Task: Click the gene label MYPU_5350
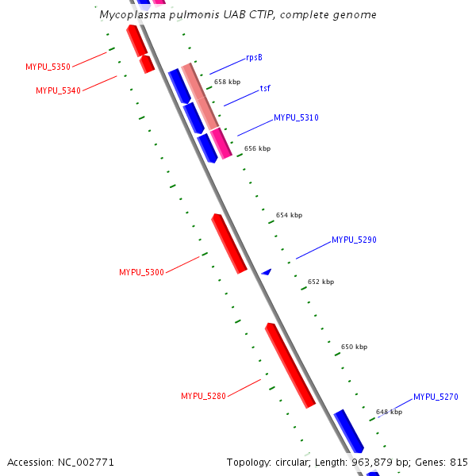48,67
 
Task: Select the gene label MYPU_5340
58,90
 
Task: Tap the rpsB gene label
254,57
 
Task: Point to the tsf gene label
265,88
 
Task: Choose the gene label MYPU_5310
296,117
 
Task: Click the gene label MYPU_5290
354,240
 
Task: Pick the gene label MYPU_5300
141,272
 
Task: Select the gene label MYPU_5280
203,396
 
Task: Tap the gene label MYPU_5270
436,397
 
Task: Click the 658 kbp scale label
227,82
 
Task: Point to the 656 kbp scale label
257,148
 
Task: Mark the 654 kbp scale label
289,215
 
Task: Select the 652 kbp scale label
321,282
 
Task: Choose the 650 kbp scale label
354,347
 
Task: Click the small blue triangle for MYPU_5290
267,272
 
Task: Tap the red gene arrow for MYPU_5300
229,243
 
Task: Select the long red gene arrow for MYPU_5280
290,365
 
